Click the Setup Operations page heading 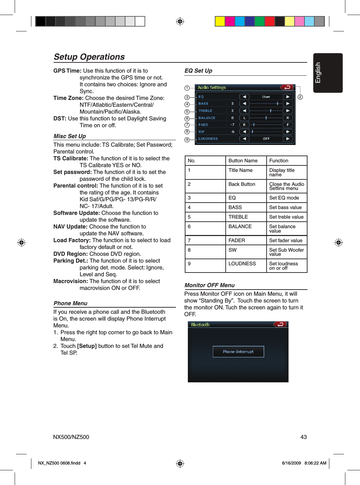click(89, 57)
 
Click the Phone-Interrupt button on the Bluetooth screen click(238, 352)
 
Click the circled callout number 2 click(300, 97)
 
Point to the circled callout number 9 click(187, 139)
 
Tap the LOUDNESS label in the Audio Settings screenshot click(208, 139)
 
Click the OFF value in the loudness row click(266, 139)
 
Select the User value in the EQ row click(266, 97)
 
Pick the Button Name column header click(243, 161)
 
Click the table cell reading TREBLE click(238, 217)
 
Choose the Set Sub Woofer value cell click(286, 252)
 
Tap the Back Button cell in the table click(242, 184)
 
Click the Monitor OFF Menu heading click(210, 285)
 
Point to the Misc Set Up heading click(70, 136)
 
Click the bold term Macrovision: click(71, 281)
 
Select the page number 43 click(303, 437)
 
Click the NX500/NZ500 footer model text click(71, 437)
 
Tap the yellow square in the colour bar click(220, 21)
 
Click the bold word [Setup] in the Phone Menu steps click(87, 346)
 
